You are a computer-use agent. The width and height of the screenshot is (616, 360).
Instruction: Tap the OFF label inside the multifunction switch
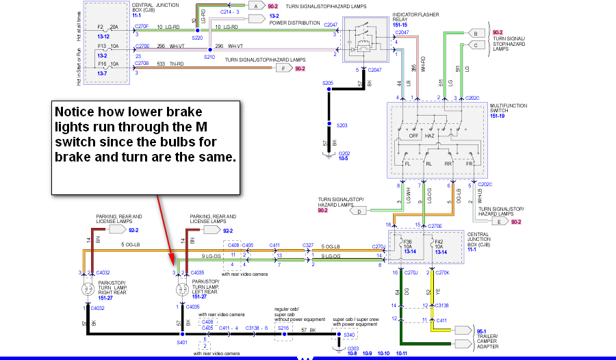coord(413,136)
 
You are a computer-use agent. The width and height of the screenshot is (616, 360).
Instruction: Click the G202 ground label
coord(344,153)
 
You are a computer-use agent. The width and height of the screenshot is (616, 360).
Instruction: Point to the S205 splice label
coord(328,83)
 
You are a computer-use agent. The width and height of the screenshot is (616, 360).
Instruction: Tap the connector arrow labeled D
coord(360,211)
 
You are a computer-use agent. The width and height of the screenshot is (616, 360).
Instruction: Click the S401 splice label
coord(182,342)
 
